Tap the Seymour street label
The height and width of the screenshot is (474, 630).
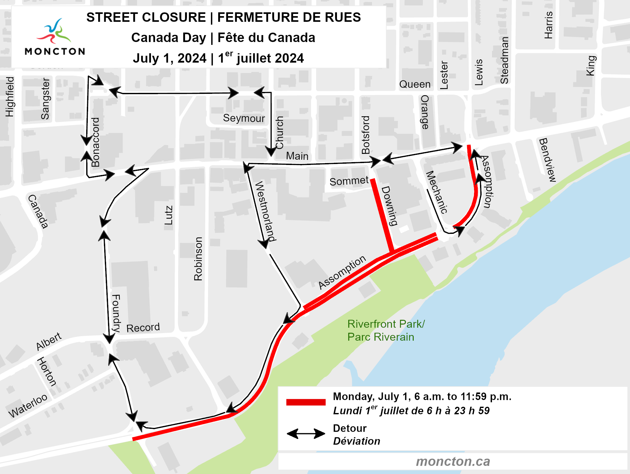coord(244,118)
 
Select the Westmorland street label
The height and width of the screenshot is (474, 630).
coord(265,211)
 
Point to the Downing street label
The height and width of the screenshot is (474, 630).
coord(389,206)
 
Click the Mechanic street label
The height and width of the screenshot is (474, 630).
coord(437,192)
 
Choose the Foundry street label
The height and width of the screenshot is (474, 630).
coord(116,313)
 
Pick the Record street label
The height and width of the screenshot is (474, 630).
coord(143,328)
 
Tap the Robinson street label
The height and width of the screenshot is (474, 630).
coord(198,259)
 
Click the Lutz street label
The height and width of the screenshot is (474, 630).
coord(169,215)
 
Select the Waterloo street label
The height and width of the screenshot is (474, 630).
coord(28,406)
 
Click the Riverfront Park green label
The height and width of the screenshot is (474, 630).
coord(386,330)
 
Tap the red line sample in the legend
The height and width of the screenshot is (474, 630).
coord(306,402)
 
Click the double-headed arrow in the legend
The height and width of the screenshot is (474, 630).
coord(306,434)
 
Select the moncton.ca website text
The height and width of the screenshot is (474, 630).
coord(453,461)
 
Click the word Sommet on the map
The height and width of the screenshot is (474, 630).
coord(349,181)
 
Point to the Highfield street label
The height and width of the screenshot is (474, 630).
coord(10,97)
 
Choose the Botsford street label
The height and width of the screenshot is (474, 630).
coord(366,135)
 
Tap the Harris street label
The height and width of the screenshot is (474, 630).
coord(549,25)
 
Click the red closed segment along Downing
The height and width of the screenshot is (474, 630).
coord(382,215)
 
